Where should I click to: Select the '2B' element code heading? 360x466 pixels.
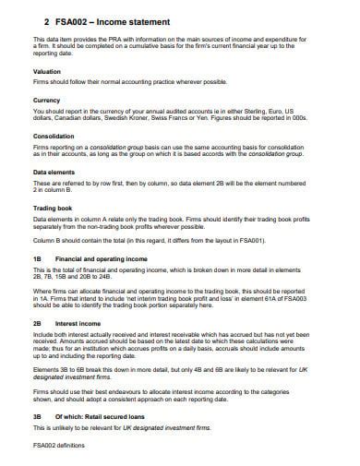[x=38, y=324]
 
